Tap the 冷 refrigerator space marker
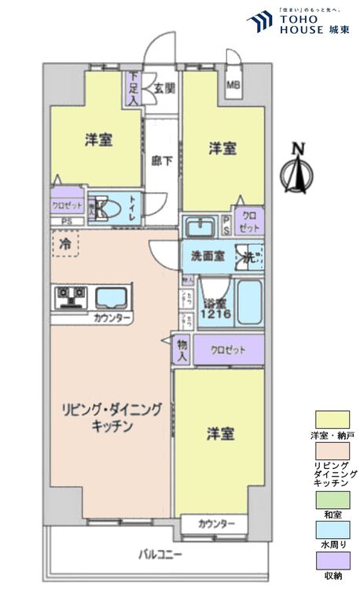point(64,244)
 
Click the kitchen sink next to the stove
point(112,297)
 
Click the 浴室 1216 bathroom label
point(215,308)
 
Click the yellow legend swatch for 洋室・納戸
point(332,419)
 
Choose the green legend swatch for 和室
point(332,498)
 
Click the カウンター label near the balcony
point(216,523)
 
